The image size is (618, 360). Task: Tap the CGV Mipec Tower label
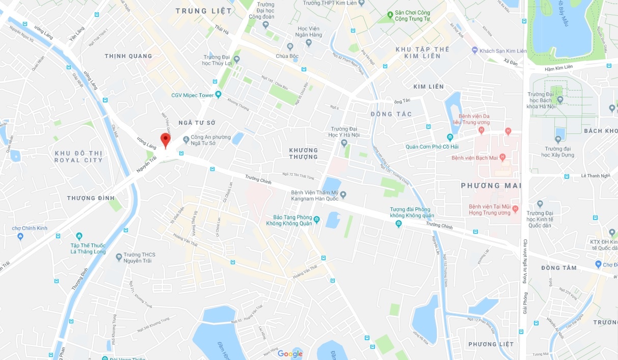(192, 95)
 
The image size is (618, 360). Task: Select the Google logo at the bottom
(290, 354)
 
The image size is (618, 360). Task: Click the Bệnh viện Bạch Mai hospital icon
(502, 157)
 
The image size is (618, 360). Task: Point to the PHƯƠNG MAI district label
(491, 186)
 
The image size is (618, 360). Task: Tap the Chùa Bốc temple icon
(290, 46)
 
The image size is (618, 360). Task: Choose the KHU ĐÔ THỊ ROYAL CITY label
(78, 156)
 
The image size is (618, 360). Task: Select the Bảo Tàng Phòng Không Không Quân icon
(316, 219)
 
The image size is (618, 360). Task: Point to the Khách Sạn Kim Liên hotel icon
(475, 50)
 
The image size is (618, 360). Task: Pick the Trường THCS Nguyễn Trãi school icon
(119, 257)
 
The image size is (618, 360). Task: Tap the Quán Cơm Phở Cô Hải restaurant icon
(450, 137)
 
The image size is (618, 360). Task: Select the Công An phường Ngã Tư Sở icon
(186, 138)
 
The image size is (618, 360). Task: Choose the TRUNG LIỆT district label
(203, 11)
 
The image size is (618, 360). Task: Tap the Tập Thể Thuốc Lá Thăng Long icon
(79, 236)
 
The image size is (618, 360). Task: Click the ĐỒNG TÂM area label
(559, 268)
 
